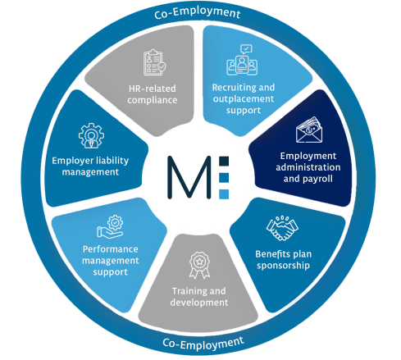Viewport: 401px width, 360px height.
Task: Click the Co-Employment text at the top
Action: (x=198, y=12)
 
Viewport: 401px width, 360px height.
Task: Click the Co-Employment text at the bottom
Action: (x=203, y=344)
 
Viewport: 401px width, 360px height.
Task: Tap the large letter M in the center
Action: (x=189, y=177)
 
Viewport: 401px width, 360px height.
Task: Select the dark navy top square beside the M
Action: (x=224, y=162)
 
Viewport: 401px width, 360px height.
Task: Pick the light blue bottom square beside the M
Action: (x=224, y=194)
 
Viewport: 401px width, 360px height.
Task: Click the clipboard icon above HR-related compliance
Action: (x=154, y=62)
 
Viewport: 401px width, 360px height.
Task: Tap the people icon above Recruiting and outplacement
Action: (x=242, y=60)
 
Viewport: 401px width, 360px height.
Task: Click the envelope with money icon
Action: (x=309, y=130)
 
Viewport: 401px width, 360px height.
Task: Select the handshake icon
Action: (x=282, y=228)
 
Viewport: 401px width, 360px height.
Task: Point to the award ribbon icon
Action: (x=199, y=265)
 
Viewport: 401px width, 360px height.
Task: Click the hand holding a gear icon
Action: (x=110, y=226)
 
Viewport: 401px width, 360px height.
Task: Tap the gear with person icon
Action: (x=91, y=135)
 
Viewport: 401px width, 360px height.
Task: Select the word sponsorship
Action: (x=283, y=266)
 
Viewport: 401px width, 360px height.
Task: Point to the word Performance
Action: (x=111, y=249)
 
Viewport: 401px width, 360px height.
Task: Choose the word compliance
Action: (x=153, y=100)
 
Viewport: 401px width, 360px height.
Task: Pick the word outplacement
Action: (x=244, y=99)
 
